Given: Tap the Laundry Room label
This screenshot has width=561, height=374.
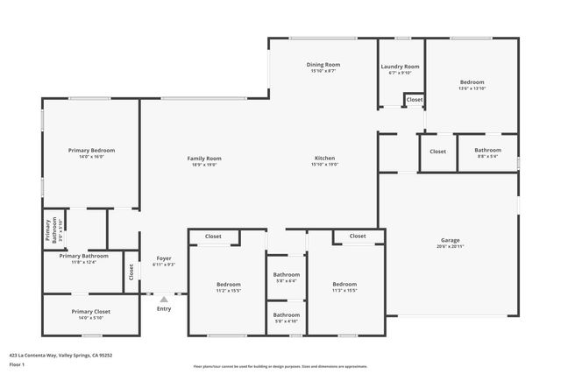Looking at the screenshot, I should point(400,67).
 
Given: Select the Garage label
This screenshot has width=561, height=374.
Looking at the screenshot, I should point(451,240).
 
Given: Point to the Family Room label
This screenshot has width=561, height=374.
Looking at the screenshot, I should point(204,159).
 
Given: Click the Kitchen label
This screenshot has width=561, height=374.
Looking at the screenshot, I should point(324,159).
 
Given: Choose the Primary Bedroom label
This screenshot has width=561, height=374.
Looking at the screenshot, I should point(91,151).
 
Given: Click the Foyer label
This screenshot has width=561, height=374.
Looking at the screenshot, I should point(164,258).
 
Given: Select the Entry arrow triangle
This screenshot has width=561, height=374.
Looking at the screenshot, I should point(164,300).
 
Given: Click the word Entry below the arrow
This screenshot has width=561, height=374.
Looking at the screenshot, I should point(164,308).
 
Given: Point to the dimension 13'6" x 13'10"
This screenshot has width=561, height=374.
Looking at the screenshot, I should point(472,88).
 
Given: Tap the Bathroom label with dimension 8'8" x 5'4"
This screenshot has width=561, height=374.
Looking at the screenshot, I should point(487,151).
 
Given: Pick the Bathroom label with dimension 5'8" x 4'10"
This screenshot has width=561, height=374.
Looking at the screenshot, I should point(286,314).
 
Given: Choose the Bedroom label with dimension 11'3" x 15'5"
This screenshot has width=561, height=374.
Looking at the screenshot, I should point(344,284).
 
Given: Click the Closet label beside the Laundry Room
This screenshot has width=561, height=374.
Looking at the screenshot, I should point(415,100).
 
